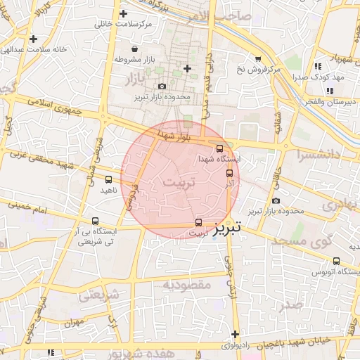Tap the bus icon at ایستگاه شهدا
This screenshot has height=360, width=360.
220,148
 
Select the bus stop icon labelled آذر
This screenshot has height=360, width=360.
229,173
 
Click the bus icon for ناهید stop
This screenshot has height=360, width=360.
108,179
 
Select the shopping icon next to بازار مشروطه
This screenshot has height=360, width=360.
115,60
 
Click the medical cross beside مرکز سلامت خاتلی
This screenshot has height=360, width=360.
124,13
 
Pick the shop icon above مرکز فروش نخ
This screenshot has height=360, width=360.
258,58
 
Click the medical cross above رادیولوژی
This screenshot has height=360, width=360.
235,334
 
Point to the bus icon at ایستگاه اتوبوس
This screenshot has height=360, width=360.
336,259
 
